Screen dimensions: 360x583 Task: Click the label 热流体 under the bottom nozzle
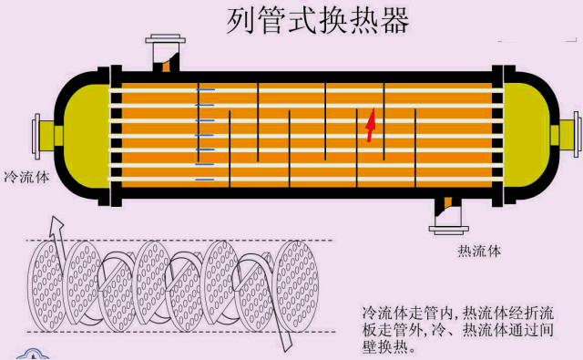coord(477,249)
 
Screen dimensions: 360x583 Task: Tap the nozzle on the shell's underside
coord(447,212)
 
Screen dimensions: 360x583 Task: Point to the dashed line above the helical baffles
coord(182,240)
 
